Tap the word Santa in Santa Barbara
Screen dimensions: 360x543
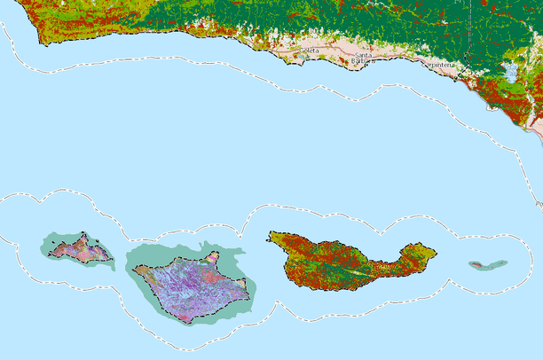(363, 56)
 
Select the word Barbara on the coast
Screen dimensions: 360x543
(360, 63)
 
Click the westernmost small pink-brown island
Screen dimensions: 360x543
(80, 250)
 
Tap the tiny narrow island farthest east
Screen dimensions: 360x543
(488, 264)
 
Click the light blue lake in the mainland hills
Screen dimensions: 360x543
(511, 70)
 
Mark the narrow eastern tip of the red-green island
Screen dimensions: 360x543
(434, 252)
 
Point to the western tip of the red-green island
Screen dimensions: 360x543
(271, 237)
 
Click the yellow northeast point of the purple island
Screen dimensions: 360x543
(213, 258)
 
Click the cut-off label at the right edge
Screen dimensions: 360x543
(539, 204)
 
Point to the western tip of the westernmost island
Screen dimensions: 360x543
(51, 252)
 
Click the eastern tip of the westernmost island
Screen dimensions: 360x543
(111, 259)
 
